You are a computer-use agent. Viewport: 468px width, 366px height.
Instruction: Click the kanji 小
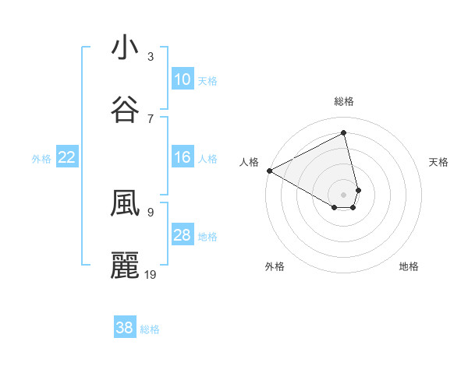[125, 48]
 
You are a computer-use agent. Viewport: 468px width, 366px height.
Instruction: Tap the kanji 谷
[125, 109]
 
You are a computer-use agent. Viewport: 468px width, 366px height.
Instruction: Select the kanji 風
[125, 202]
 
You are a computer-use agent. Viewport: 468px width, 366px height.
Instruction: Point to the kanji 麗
[125, 265]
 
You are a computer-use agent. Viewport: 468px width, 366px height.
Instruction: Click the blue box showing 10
[183, 79]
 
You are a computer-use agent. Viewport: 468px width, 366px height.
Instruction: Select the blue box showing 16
[183, 157]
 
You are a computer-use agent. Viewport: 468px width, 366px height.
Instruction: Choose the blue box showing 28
[183, 235]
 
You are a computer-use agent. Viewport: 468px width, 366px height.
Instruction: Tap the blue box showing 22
[67, 157]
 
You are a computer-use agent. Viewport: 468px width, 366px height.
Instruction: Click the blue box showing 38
[125, 328]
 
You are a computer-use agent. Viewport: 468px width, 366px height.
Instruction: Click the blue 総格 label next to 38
[150, 329]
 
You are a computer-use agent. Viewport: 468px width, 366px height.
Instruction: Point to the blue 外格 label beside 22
[41, 158]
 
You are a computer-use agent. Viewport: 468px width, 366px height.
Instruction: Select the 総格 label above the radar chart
[344, 101]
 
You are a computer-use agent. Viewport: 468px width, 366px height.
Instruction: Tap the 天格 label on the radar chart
[439, 162]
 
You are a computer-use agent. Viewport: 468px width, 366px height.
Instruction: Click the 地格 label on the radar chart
[409, 266]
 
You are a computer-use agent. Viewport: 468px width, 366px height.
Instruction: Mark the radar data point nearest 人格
[269, 171]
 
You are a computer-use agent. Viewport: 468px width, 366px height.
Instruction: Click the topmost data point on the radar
[344, 133]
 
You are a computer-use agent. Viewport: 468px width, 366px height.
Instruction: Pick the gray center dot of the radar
[344, 194]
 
